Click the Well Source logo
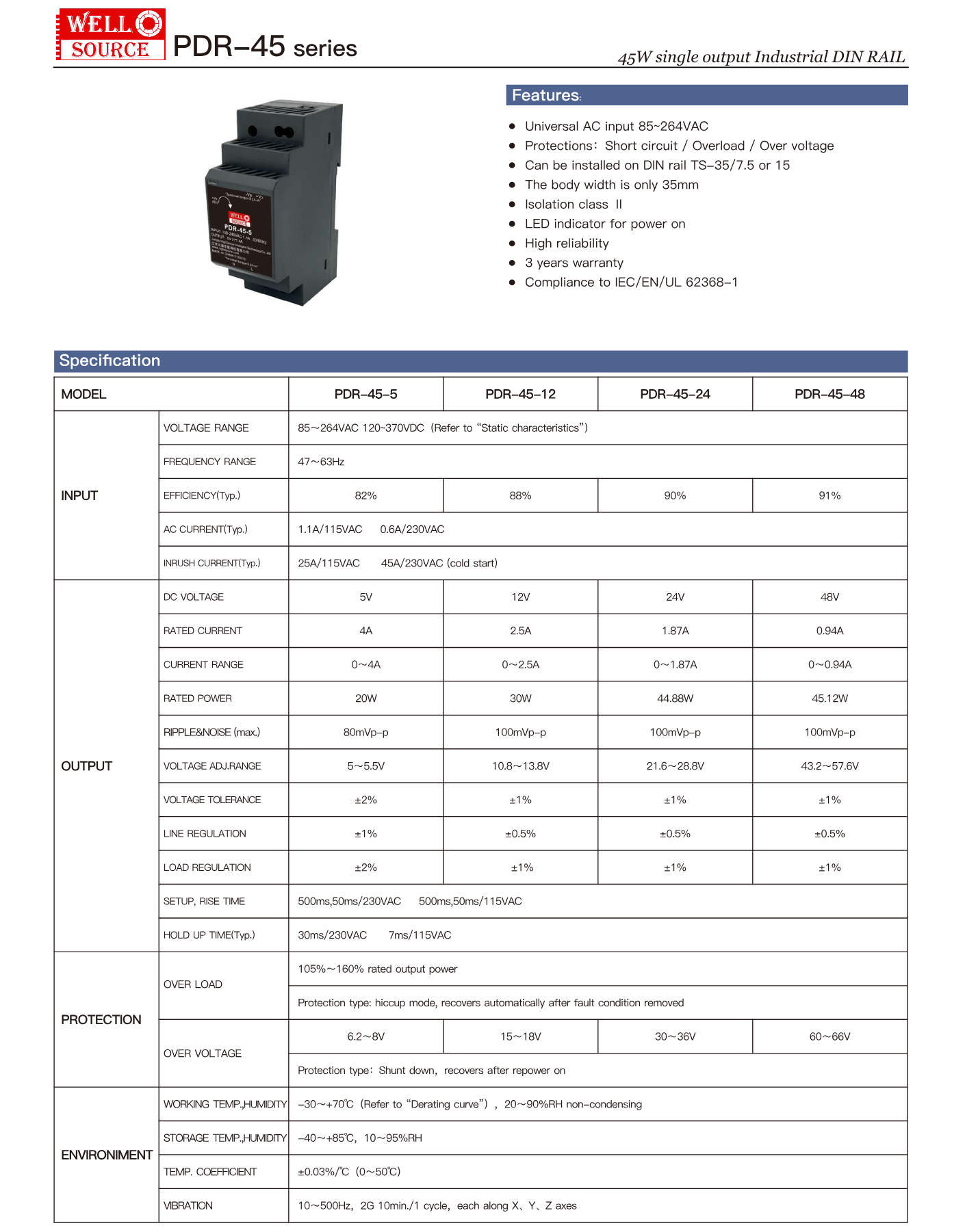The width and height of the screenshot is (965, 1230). pos(110,34)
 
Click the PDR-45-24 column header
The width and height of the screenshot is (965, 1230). pos(675,394)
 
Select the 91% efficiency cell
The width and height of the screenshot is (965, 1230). pos(829,495)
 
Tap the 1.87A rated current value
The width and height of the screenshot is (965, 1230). pos(675,631)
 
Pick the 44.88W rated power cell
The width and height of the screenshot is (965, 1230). pos(675,698)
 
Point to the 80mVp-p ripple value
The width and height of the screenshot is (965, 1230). pos(365,732)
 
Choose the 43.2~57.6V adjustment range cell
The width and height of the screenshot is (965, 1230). pos(829,766)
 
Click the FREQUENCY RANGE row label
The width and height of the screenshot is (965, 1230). pos(209,462)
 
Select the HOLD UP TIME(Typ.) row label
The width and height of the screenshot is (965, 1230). pos(209,935)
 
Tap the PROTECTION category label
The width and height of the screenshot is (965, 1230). pos(101,1019)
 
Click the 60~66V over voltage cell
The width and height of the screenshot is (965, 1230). pos(829,1036)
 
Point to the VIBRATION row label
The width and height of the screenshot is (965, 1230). pos(188,1205)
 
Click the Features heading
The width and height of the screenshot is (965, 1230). pos(546,95)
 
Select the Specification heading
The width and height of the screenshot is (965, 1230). pos(110,361)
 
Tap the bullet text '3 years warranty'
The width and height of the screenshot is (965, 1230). pos(574,263)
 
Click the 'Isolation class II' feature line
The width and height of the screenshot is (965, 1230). pos(574,204)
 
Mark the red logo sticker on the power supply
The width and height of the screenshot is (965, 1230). pos(240,219)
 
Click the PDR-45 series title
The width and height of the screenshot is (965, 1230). pos(265,47)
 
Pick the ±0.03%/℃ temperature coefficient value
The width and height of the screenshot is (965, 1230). pos(349,1172)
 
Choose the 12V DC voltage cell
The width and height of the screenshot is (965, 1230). pos(520,597)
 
